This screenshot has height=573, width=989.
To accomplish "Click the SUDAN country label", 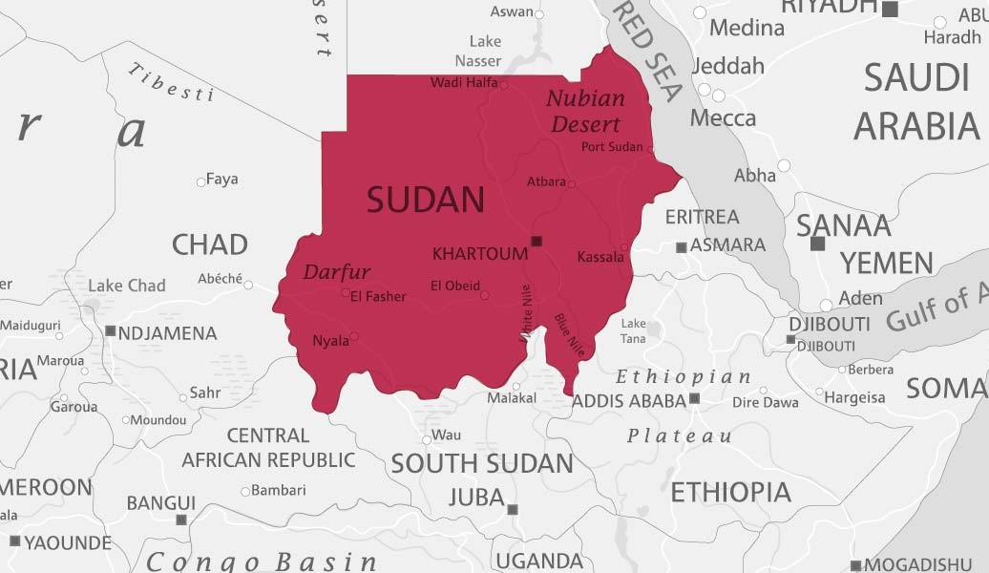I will (x=426, y=201).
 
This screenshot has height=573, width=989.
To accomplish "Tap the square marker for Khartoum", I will (x=537, y=241).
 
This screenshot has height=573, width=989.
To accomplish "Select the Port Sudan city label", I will (x=612, y=147).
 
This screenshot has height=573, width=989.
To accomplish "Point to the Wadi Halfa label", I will (x=464, y=83).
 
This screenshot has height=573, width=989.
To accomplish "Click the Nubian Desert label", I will (x=585, y=111).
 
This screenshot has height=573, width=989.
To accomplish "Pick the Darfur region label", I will (x=336, y=272).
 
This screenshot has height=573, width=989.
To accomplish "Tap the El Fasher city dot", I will (x=346, y=292).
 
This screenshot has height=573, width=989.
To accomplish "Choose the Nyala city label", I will (x=329, y=341).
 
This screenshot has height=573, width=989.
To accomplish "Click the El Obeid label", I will (x=454, y=286).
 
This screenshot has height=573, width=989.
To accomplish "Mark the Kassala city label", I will (x=600, y=257).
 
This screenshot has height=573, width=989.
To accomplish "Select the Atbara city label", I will (x=546, y=181).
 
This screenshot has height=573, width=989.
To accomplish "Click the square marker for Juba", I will (x=513, y=510).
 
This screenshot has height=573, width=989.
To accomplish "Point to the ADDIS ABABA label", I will (x=629, y=401).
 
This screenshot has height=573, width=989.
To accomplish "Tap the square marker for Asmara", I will (x=681, y=247).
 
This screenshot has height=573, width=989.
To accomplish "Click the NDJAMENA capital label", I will (x=168, y=333).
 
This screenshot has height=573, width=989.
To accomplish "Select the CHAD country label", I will (x=209, y=244).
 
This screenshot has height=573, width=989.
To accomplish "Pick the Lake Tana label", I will (x=633, y=331).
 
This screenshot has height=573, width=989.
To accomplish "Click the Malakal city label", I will (x=512, y=398).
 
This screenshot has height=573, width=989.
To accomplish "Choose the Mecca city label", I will (x=723, y=118).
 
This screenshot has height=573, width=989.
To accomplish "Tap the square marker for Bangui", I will (x=181, y=520).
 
